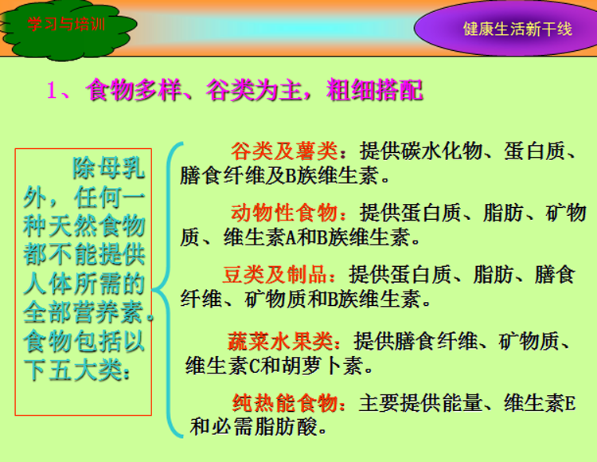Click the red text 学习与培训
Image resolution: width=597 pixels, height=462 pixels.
tap(66, 25)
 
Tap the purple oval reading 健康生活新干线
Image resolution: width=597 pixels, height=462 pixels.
tap(506, 28)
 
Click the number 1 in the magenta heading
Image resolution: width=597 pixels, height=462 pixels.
tap(52, 91)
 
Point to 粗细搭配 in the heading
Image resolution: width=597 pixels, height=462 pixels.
tap(375, 90)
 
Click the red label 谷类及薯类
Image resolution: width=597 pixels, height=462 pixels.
tap(284, 151)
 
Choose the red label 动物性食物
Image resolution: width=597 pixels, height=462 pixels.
tap(284, 213)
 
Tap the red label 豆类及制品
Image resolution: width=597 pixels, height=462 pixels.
tap(275, 274)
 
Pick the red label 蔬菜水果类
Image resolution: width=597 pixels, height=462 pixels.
tap(281, 341)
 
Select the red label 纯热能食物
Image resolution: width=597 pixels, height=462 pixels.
tap(285, 403)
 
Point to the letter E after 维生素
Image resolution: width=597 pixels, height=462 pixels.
tap(571, 404)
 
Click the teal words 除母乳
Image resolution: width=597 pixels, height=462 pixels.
tap(109, 168)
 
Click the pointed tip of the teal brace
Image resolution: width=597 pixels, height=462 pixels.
tap(152, 290)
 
